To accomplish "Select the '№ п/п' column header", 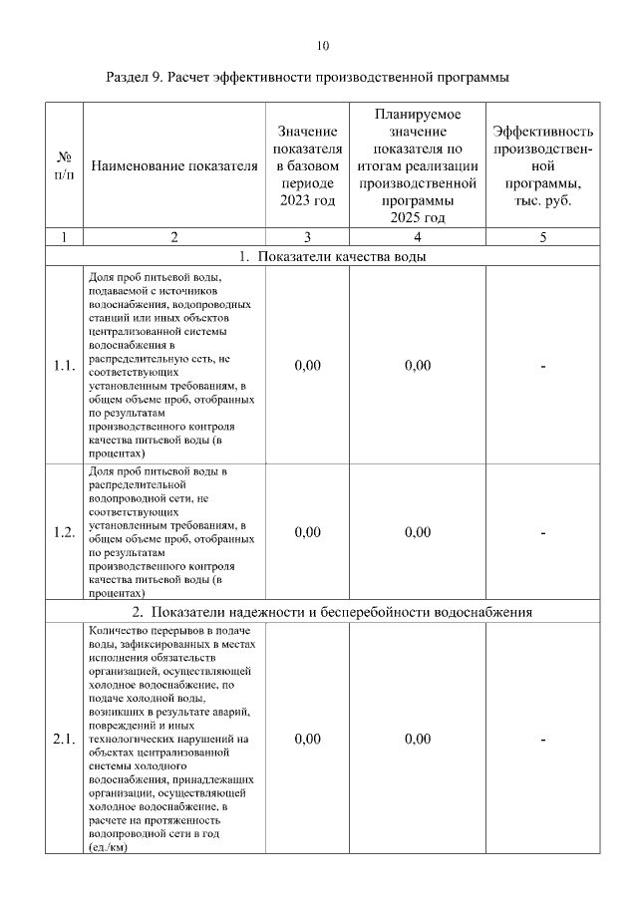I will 64,165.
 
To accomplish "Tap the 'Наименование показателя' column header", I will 174,166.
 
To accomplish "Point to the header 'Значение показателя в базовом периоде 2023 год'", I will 307,165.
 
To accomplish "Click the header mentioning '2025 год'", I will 418,165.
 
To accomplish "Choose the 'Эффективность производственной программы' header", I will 543,165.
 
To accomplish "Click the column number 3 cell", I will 307,237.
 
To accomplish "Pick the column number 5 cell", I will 543,237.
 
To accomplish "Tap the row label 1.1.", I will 64,366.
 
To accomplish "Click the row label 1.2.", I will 64,532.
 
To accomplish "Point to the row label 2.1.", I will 64,740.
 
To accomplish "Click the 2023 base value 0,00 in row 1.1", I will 308,366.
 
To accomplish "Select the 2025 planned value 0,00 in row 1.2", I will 418,532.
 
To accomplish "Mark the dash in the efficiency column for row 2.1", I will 543,740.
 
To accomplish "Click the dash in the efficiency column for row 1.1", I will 543,366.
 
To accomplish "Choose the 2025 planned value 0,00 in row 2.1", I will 418,740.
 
